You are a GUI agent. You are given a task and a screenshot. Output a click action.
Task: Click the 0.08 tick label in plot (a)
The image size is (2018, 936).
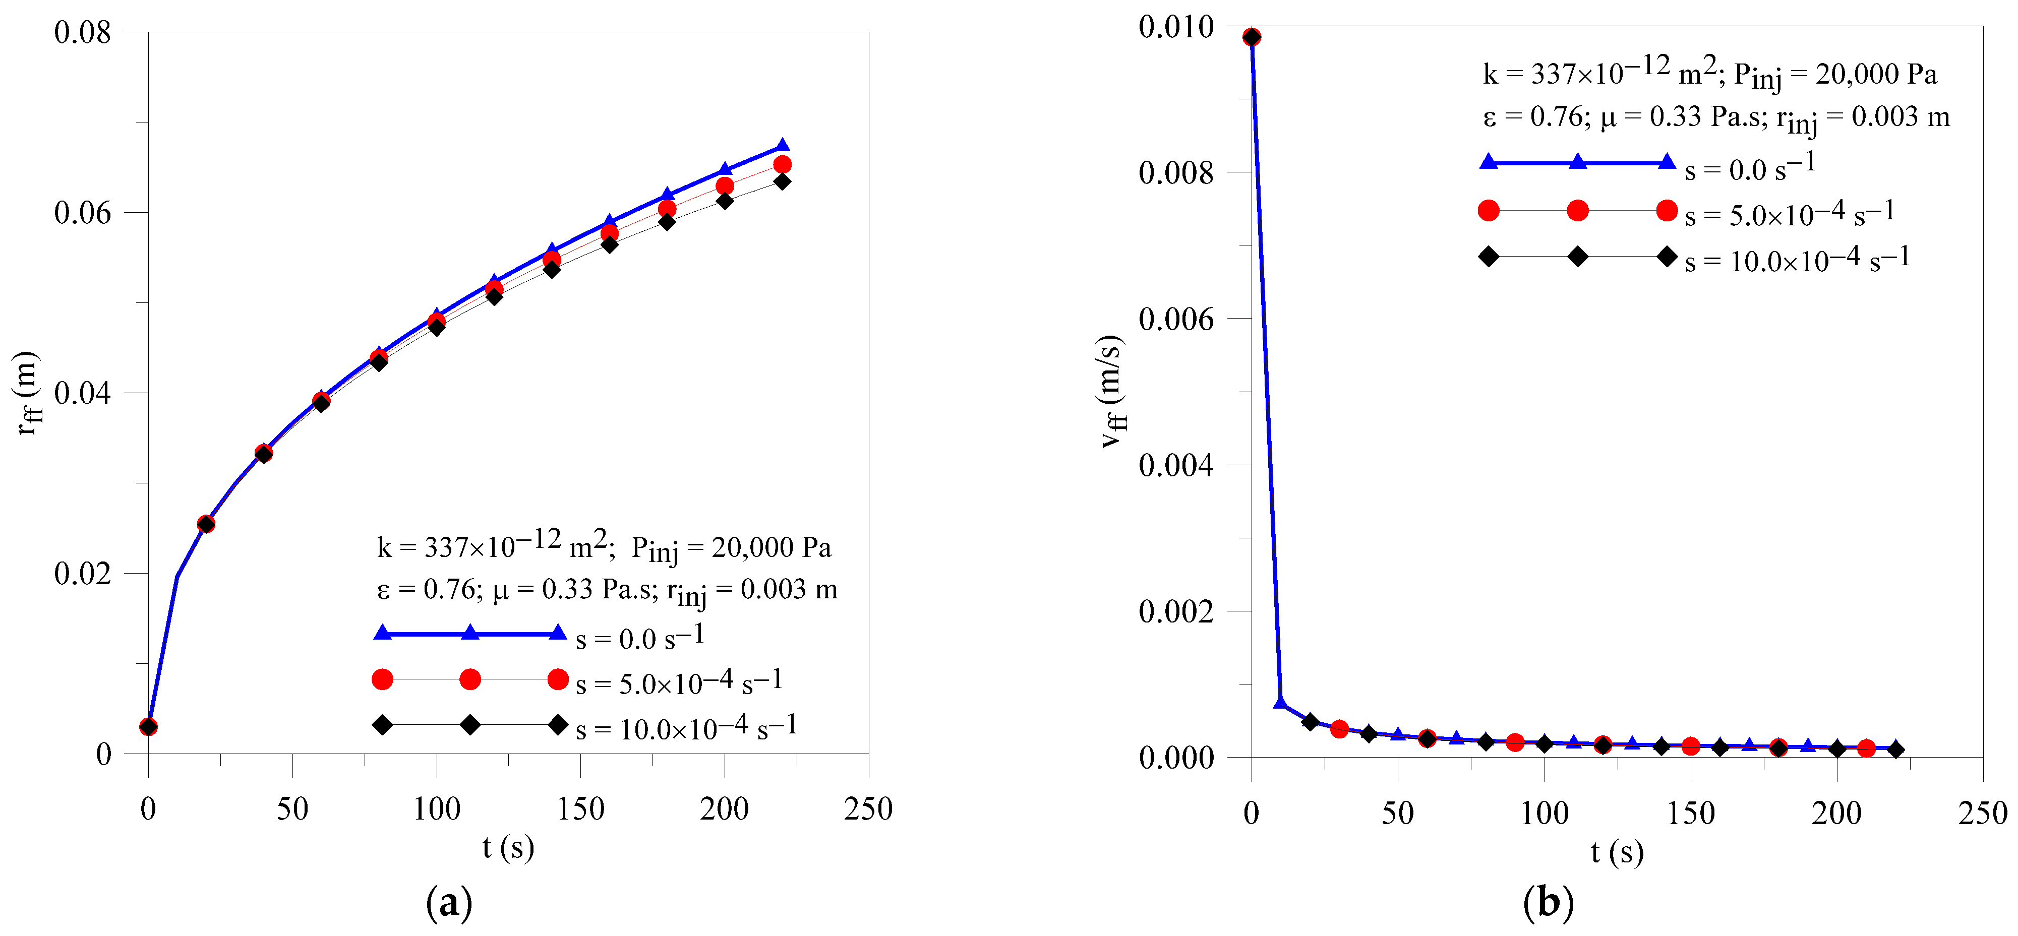click(x=82, y=33)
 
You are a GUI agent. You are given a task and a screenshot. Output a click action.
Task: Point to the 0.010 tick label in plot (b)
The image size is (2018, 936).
click(x=1175, y=27)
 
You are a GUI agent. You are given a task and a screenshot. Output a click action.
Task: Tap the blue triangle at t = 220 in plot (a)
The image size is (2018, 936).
click(x=782, y=146)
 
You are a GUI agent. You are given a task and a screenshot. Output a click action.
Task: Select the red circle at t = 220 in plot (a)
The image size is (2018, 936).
click(x=782, y=164)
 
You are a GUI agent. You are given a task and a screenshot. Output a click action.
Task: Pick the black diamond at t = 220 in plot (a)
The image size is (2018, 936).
click(x=782, y=182)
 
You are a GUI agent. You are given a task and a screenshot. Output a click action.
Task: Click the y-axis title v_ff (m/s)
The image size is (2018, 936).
click(x=1112, y=392)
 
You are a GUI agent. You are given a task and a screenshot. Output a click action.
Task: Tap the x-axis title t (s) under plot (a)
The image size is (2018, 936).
click(x=508, y=847)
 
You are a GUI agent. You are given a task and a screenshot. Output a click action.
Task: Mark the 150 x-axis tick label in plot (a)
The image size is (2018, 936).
click(x=580, y=809)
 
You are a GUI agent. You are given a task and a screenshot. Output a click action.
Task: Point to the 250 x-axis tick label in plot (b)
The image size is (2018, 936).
click(x=1982, y=813)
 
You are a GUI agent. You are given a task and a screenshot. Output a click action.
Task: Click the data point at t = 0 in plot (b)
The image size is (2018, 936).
click(x=1252, y=37)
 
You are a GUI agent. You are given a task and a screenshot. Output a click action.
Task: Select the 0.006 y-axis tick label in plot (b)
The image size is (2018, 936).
click(x=1175, y=320)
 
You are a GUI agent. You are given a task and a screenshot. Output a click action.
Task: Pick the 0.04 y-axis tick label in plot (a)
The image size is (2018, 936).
click(x=82, y=393)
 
